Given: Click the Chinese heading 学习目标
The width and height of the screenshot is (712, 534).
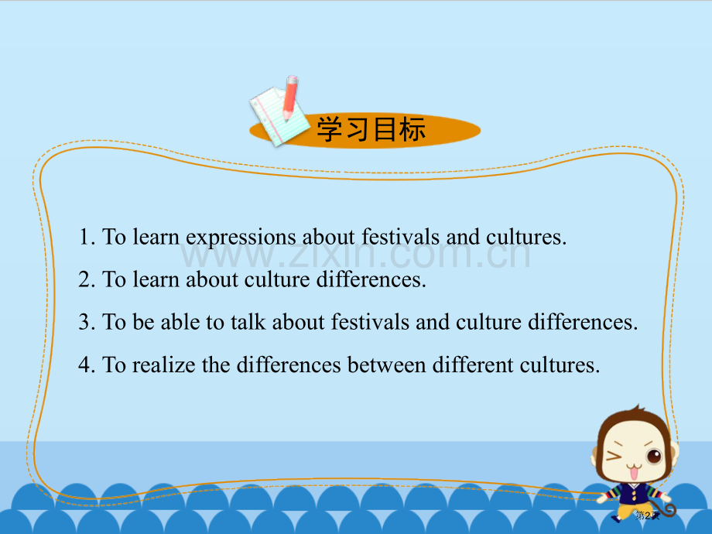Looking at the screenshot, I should coord(371,130).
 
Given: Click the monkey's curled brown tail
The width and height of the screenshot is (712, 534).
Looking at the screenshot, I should coord(666,508).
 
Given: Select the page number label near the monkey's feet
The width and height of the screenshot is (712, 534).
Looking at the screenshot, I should coord(645,515).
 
